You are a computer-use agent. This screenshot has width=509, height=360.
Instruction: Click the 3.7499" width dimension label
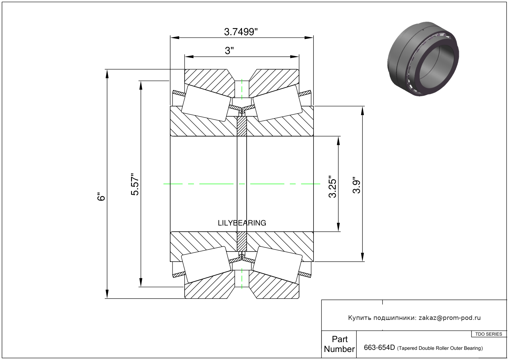(x=241, y=32)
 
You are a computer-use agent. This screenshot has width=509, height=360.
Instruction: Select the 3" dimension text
(x=229, y=51)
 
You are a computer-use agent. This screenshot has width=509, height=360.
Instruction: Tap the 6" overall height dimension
(x=101, y=197)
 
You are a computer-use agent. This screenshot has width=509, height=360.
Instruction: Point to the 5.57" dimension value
(x=135, y=184)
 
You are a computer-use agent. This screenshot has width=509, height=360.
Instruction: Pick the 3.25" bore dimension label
(x=332, y=187)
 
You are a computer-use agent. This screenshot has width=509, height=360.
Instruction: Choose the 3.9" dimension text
(x=356, y=185)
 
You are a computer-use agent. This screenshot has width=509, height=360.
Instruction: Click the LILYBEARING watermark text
(x=242, y=223)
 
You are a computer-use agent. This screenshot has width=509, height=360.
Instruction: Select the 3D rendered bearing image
(x=423, y=59)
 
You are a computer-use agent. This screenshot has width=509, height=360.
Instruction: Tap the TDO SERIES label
(x=489, y=334)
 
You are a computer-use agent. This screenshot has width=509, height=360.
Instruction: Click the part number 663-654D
(x=379, y=348)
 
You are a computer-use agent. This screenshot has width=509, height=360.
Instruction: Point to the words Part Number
(x=339, y=344)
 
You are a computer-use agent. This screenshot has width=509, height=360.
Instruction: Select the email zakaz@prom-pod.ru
(x=449, y=318)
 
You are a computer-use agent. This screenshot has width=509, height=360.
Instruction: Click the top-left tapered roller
(x=206, y=103)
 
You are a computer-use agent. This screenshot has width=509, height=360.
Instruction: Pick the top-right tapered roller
(x=277, y=103)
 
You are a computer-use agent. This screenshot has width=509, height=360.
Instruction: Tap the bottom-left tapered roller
(x=206, y=264)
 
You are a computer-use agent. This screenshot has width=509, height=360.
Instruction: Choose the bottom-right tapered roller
(x=277, y=264)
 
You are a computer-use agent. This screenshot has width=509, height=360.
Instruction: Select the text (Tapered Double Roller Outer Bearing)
(x=440, y=348)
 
